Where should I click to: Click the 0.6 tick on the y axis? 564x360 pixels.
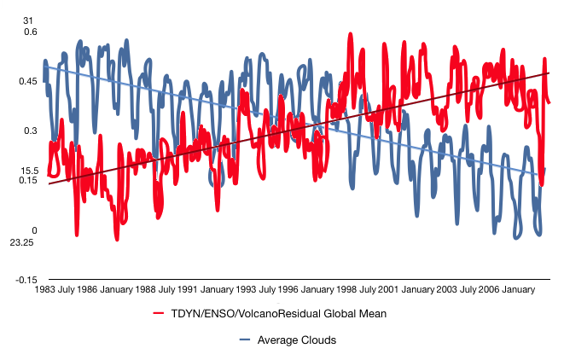coord(31,32)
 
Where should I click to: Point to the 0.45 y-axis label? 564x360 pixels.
coord(28,81)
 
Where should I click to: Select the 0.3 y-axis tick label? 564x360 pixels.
coord(31,131)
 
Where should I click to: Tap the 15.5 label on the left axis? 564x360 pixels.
coord(29,171)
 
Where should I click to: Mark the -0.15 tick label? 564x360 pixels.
coord(27,280)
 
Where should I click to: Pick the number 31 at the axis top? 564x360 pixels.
coord(31,20)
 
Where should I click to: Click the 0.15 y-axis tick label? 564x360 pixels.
coord(28,180)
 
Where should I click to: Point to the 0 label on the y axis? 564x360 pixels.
coord(35,230)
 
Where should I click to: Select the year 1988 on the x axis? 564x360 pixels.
coord(145,290)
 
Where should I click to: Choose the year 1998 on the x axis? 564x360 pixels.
coord(346,290)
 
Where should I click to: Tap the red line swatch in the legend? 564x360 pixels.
coord(158,314)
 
